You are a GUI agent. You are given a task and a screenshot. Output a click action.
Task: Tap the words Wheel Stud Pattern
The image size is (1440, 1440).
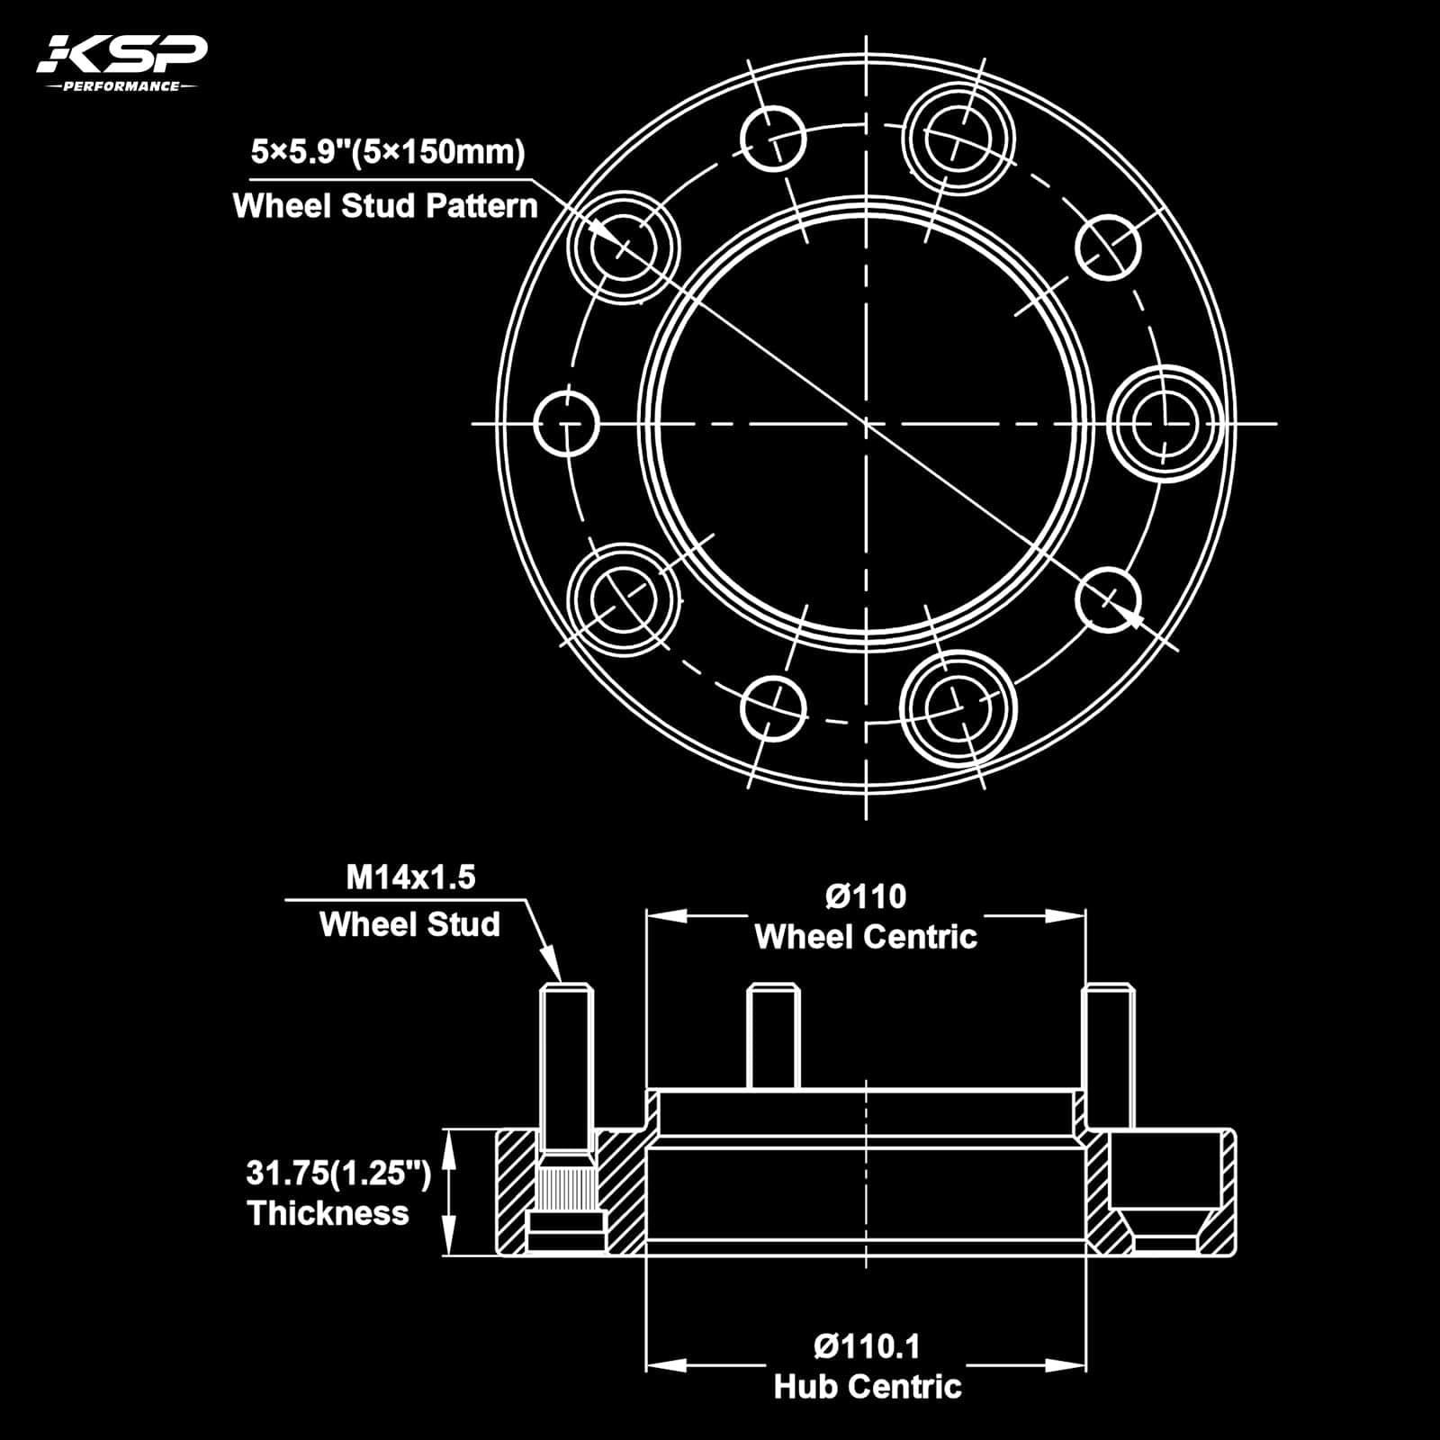point(385,206)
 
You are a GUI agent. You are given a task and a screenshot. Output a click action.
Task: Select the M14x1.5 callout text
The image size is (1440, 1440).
point(410,877)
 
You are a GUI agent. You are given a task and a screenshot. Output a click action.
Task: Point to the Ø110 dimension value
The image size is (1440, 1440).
point(866,896)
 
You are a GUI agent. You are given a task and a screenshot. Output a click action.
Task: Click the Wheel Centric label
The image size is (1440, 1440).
point(866,937)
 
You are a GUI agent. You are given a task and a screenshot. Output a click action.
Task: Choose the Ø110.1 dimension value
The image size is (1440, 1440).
point(867,1346)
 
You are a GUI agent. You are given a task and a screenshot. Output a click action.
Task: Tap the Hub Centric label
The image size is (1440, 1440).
point(868,1387)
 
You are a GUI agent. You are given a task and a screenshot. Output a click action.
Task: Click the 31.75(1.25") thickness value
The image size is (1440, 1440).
point(338,1174)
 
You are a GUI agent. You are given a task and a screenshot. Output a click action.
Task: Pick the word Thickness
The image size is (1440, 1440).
point(328,1213)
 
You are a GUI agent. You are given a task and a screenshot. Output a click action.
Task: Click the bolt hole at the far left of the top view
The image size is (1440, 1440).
point(566,423)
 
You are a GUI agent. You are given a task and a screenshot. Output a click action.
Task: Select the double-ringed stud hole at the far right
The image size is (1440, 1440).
point(1165,423)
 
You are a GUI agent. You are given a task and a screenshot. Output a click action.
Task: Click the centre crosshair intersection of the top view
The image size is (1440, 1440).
point(866,423)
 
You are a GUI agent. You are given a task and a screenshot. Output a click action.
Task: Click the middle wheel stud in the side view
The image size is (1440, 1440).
point(774,1036)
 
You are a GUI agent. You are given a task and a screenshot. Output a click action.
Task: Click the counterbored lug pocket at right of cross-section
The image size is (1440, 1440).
point(1165,1189)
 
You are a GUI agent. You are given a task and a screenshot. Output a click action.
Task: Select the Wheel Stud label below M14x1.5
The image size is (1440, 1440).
point(409,924)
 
